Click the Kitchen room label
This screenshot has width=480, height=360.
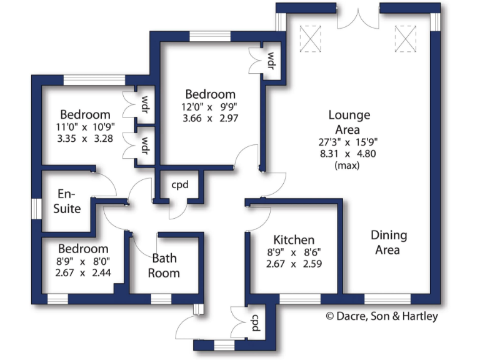point(294,240)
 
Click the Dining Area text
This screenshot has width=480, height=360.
point(389,242)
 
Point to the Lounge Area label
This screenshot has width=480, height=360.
point(349,121)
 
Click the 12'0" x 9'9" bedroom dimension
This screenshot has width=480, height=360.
point(209,106)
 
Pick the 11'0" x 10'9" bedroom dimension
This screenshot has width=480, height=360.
point(86,127)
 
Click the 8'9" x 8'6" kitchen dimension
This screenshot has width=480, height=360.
point(294,253)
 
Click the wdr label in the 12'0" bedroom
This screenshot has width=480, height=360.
point(271,61)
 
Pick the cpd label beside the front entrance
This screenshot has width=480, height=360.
point(255,322)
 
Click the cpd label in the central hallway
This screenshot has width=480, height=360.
point(180,186)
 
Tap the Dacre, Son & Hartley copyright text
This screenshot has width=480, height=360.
point(382,316)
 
